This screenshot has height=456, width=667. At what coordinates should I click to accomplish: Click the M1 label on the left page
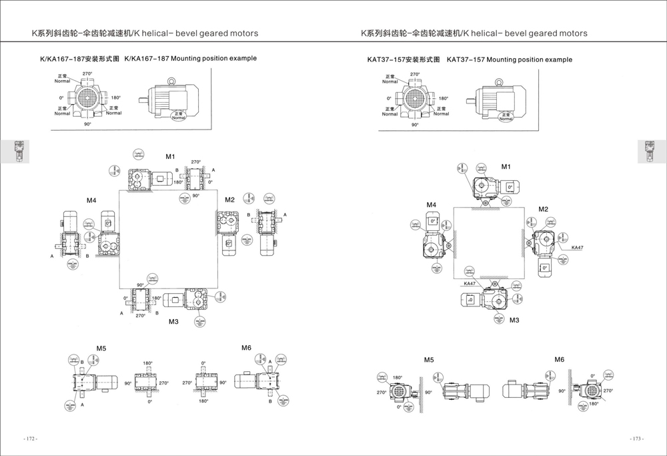(170, 157)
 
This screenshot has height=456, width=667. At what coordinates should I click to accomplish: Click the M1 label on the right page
(506, 166)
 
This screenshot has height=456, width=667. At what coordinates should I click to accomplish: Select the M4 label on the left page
(91, 200)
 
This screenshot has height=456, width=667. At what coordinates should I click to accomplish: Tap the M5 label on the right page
(429, 360)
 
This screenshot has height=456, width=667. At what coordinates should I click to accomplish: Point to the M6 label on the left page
(246, 348)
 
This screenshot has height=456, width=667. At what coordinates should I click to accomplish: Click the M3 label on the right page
(514, 320)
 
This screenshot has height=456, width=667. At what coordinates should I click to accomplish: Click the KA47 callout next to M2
(577, 248)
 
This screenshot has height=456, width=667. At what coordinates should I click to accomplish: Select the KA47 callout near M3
(470, 283)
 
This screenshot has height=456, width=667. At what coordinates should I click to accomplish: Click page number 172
(30, 439)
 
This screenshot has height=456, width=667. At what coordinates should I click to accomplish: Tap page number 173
(637, 439)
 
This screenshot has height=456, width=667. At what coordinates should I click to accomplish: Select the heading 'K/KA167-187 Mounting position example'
(148, 59)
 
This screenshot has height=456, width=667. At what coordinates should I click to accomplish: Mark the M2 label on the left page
(229, 200)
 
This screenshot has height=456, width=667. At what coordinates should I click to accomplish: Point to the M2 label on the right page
(544, 209)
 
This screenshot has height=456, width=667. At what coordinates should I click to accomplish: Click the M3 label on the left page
(173, 322)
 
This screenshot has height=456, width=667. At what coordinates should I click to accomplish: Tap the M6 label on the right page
(559, 360)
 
